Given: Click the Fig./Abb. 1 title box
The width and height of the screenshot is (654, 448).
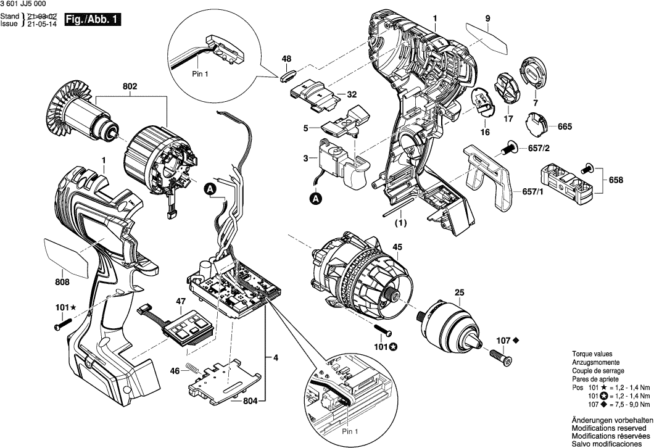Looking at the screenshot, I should tap(93, 20).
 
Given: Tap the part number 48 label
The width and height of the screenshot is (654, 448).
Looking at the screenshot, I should tap(286, 59).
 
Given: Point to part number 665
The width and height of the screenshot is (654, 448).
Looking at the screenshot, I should tap(565, 127).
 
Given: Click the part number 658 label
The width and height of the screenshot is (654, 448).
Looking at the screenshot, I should tap(615, 180).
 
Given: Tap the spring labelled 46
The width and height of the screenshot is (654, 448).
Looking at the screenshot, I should tap(194, 369).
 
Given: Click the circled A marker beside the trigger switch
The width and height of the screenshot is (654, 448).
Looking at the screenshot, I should tap(315, 199).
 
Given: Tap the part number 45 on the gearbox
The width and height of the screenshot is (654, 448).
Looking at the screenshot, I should tap(397, 248).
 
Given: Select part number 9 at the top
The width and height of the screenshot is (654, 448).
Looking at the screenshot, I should tap(487, 18).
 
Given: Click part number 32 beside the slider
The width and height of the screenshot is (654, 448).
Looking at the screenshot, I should tap(352, 95).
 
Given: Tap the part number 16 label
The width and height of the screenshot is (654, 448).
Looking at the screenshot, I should tap(484, 132).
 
